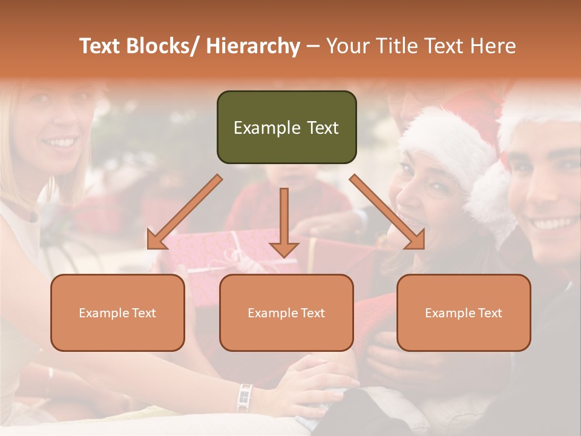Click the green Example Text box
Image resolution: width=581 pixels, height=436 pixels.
[x=286, y=127]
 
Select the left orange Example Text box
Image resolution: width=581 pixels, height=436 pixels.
[x=117, y=312]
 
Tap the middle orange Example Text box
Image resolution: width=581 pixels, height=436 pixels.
[x=286, y=312]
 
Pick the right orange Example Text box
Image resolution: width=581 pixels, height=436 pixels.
[x=464, y=312]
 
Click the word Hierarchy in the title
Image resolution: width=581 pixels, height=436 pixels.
[x=253, y=46]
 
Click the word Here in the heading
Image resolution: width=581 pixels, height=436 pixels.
[x=495, y=46]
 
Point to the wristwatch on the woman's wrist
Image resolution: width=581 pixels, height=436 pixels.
[x=245, y=397]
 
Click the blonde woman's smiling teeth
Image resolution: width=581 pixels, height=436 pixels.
[x=60, y=143]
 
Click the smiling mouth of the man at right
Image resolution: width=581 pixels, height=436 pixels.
[x=554, y=223]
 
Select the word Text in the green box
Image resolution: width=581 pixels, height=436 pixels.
[x=320, y=128]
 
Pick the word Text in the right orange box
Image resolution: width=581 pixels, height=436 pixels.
[x=489, y=313]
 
